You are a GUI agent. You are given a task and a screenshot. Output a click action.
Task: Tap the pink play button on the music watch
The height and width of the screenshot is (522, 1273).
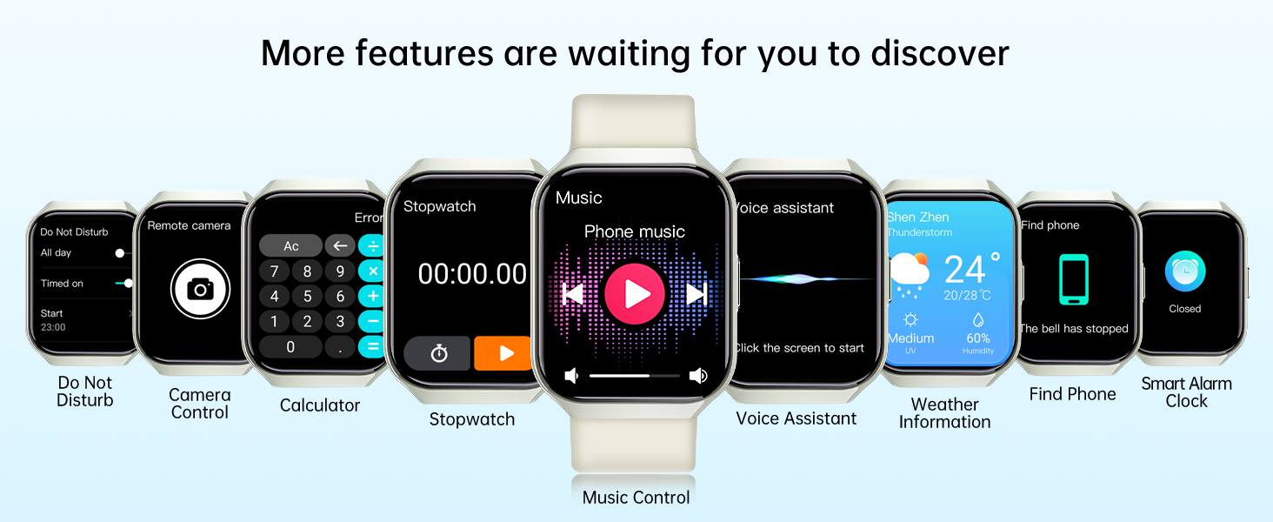[634, 293]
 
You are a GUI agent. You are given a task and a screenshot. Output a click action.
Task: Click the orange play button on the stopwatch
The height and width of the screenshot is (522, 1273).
[503, 353]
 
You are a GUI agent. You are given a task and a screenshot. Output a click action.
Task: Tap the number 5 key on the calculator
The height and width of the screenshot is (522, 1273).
[308, 297]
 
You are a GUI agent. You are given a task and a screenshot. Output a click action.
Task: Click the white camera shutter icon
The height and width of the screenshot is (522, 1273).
[200, 289]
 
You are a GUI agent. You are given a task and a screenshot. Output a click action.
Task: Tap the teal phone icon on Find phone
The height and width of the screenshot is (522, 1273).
[1074, 279]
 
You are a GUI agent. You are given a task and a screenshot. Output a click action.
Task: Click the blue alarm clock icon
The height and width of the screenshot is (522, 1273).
[1185, 271]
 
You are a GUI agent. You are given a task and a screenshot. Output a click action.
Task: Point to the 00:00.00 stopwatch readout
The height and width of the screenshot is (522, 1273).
[472, 273]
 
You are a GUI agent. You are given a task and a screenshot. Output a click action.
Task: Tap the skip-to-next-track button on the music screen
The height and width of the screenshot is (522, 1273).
[696, 293]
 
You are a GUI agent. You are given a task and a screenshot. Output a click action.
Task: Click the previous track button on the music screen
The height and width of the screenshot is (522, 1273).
[572, 293]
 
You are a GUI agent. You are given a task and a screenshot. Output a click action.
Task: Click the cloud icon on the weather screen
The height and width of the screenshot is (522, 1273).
[910, 275]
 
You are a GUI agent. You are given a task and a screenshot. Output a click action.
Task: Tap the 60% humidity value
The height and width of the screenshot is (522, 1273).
[978, 338]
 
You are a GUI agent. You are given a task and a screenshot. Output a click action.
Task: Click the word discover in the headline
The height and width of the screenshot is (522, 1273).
[940, 53]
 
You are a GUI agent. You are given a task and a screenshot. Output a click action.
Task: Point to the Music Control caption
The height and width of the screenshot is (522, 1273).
[636, 498]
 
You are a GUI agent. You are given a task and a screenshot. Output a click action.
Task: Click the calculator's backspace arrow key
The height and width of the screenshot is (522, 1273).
[340, 245]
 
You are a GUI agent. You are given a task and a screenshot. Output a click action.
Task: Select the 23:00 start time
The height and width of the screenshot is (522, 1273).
[53, 327]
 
